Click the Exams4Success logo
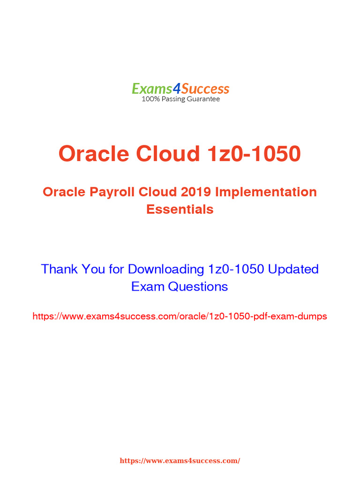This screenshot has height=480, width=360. tap(180, 92)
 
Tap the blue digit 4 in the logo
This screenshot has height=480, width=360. tap(177, 89)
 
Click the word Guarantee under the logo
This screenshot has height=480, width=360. tap(203, 99)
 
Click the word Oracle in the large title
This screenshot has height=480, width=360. tap(94, 153)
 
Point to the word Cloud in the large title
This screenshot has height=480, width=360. tap(168, 153)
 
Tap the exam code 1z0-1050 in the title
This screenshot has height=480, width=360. tap(254, 153)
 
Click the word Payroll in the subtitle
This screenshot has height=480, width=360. tap(112, 192)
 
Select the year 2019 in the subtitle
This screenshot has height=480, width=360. tap(195, 192)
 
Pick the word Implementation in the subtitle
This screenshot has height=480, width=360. tap(266, 192)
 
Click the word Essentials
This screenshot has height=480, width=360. tap(180, 210)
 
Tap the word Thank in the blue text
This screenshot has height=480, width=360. tap(60, 269)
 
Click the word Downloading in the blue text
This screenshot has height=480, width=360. tap(166, 270)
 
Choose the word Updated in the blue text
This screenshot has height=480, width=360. tap(293, 270)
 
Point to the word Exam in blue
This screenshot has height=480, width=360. tap(148, 286)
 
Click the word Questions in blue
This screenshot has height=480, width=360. tap(198, 286)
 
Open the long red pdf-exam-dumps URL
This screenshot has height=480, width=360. tap(180, 316)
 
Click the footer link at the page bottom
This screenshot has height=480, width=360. tap(180, 461)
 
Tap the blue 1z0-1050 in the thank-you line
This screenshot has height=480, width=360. tap(236, 269)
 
